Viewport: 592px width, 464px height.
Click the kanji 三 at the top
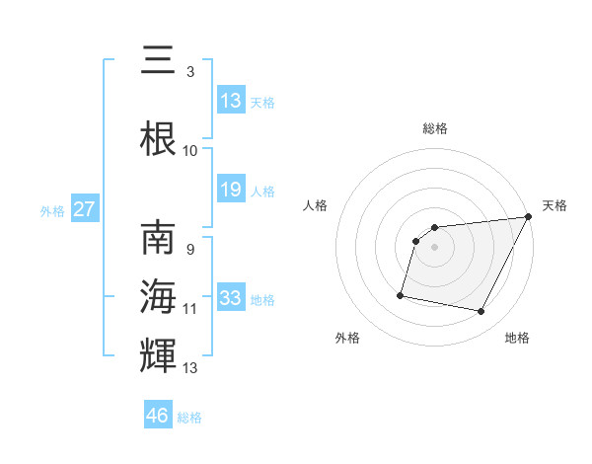point(158,60)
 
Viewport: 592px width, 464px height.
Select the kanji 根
point(158,139)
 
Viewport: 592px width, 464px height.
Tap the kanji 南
point(158,240)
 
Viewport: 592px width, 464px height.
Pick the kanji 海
point(158,296)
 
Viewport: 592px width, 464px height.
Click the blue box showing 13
point(231,101)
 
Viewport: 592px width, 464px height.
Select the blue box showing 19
point(231,190)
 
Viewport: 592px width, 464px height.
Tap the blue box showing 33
point(231,298)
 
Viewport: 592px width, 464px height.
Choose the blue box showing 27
point(85,209)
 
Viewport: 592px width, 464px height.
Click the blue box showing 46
point(158,416)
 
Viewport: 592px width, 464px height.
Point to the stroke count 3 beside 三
point(189,72)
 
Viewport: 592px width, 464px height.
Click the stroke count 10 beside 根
point(190,151)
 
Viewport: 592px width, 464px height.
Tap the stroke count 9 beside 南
point(189,250)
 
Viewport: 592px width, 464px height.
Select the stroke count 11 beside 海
point(190,309)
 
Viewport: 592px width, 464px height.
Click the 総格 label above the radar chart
point(435,128)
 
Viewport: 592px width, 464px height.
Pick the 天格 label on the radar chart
point(555,205)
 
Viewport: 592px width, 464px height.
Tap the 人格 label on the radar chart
point(316,205)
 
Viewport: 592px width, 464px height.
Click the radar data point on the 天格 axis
point(529,217)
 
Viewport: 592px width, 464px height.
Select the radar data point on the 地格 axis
point(481,312)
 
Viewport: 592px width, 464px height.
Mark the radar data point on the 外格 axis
point(401,294)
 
